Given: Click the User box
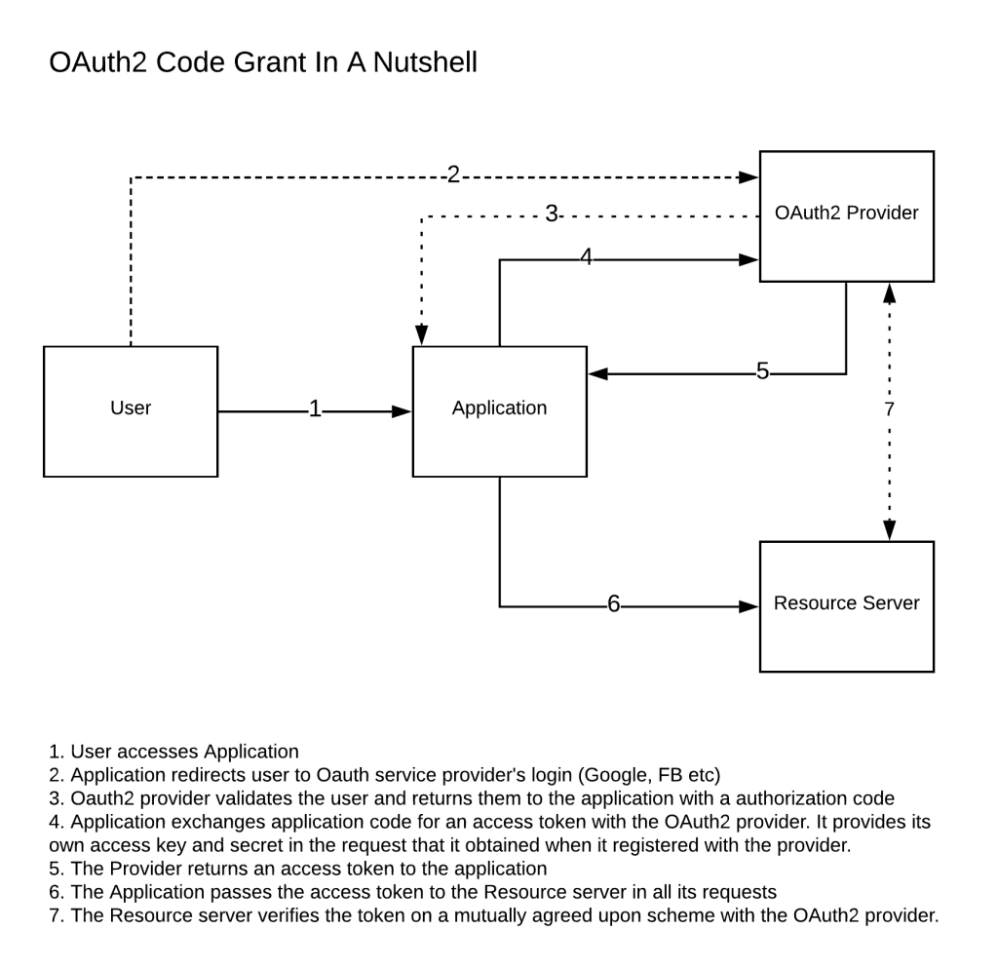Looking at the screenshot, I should pos(131,410).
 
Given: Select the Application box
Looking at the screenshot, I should pos(499,410).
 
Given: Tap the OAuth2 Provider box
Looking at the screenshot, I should pos(846,215).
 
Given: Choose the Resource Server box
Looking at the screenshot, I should pos(846,605).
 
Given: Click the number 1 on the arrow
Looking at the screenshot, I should pos(315,409).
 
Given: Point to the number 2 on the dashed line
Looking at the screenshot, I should pos(453,174).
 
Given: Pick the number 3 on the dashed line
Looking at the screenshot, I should pos(551,214).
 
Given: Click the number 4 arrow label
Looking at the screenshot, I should pos(586,257).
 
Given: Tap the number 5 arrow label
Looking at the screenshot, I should pos(762,371).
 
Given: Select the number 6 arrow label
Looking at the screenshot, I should pos(613,604).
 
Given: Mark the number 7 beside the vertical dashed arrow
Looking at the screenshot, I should pos(888,409).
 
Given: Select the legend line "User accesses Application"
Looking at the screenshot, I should pos(174,752).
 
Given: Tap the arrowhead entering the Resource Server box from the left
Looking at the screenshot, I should pos(749,606).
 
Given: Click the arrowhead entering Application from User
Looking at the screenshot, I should pos(403,411).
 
